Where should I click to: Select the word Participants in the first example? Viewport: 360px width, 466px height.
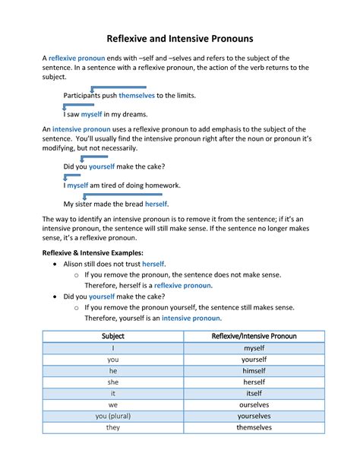coord(85,96)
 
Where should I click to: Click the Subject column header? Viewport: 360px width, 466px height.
coord(112,335)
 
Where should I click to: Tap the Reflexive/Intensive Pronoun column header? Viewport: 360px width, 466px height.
coord(254,335)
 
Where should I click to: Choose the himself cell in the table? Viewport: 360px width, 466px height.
coord(254,369)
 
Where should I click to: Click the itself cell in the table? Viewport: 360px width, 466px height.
coord(254,393)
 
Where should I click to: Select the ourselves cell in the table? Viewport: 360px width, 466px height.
coord(254,404)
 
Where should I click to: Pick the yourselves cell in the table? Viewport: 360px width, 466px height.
coord(254,416)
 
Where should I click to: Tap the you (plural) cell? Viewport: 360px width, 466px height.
coord(112,416)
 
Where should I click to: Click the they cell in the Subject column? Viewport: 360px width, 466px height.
coord(112,427)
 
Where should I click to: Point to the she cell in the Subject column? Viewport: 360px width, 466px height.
coord(112,382)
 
